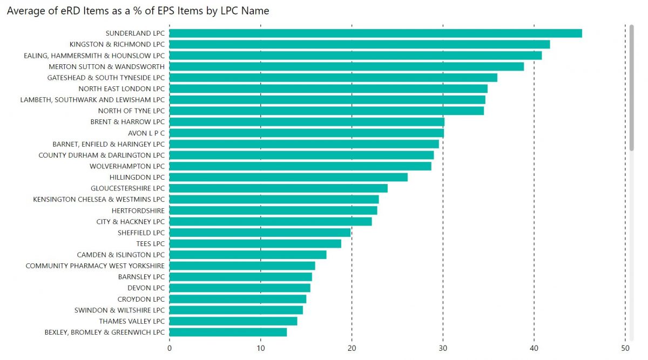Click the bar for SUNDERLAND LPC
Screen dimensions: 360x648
click(375, 33)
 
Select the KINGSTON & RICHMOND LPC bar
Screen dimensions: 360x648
click(360, 44)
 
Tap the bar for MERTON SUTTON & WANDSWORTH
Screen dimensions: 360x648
click(347, 66)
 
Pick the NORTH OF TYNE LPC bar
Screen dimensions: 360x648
click(327, 111)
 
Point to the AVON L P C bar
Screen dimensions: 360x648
click(307, 133)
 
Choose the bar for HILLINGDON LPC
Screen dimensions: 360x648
click(288, 177)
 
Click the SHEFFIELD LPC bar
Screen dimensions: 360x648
click(260, 233)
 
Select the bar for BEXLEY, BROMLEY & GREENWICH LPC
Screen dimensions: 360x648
click(228, 332)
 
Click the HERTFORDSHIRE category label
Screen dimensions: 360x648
click(138, 210)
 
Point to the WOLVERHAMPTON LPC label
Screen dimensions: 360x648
click(127, 166)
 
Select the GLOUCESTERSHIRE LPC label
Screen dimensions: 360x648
click(127, 188)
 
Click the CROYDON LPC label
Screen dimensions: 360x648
click(141, 299)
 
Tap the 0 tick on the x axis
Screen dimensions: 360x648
click(170, 348)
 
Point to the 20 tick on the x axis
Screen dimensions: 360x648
click(352, 348)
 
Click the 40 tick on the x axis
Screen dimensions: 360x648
click(534, 348)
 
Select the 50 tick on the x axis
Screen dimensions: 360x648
click(625, 348)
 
